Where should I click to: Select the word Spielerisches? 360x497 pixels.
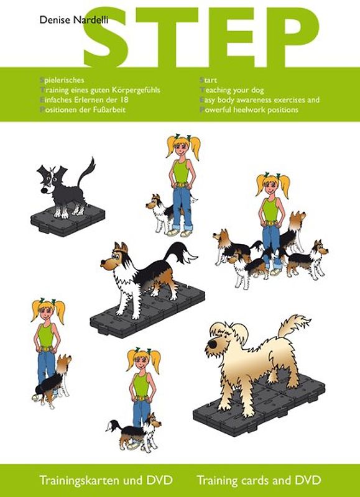61,80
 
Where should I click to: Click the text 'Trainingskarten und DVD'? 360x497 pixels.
105,480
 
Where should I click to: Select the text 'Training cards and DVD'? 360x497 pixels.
259,480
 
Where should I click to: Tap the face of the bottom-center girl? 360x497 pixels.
143,363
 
